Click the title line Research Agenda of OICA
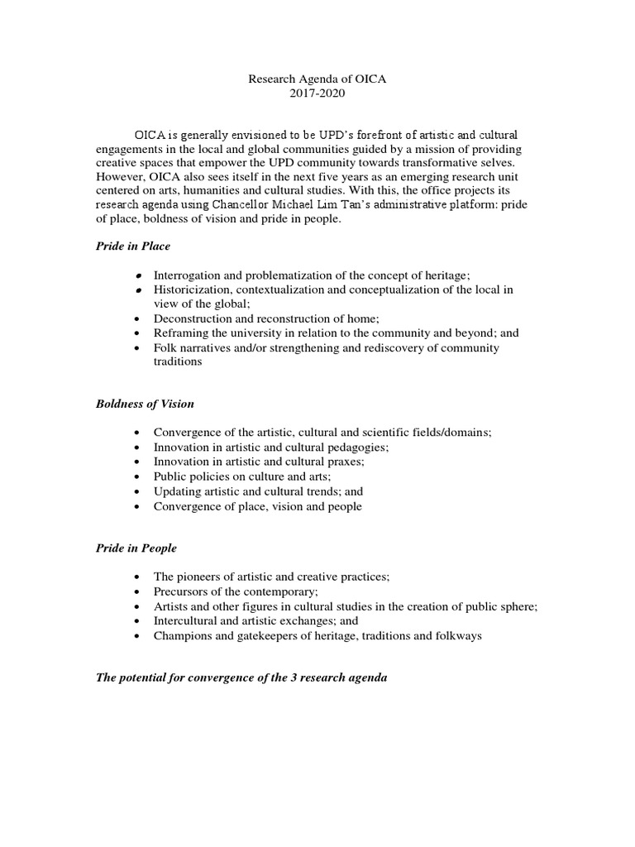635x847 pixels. (317, 79)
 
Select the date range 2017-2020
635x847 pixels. (317, 93)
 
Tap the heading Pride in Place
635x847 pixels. (135, 246)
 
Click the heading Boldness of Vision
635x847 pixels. (145, 404)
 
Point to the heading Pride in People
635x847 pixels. (136, 548)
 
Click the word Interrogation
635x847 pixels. (187, 275)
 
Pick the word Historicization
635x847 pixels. (192, 290)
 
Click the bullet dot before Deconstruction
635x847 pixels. (136, 318)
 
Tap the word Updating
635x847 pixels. (177, 491)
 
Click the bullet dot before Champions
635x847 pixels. (136, 635)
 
